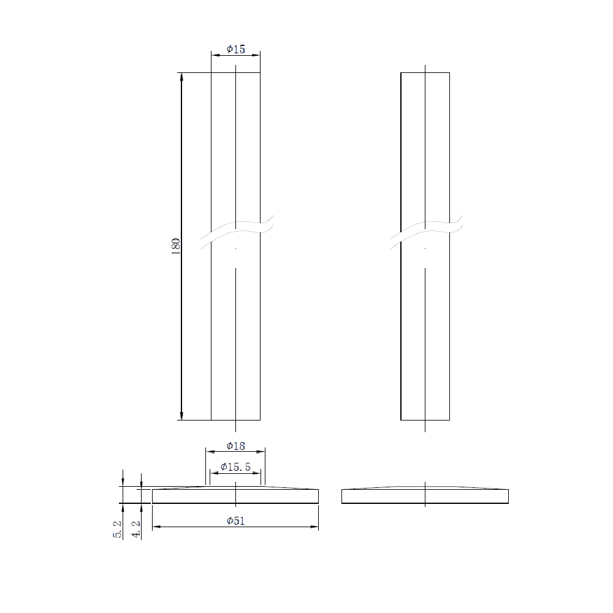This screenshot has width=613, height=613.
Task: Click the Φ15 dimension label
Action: [x=236, y=49]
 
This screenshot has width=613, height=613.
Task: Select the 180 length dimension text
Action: [x=175, y=246]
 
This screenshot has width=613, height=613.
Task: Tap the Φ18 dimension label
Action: [x=235, y=446]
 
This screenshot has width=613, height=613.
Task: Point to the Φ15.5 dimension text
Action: [x=235, y=467]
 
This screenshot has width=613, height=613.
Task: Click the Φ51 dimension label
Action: [x=235, y=521]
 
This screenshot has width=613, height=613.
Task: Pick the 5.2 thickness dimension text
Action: [x=116, y=530]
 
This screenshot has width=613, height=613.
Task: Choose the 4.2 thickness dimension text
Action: [x=137, y=530]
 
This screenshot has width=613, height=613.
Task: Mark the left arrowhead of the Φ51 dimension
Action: [x=156, y=527]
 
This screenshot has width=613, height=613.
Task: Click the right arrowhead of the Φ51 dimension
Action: [x=315, y=527]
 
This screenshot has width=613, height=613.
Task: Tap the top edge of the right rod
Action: [x=425, y=73]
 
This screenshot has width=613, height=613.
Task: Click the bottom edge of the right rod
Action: [x=425, y=420]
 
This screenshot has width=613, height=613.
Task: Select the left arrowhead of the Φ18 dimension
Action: [x=208, y=451]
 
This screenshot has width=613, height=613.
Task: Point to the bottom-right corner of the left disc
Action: [x=319, y=503]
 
